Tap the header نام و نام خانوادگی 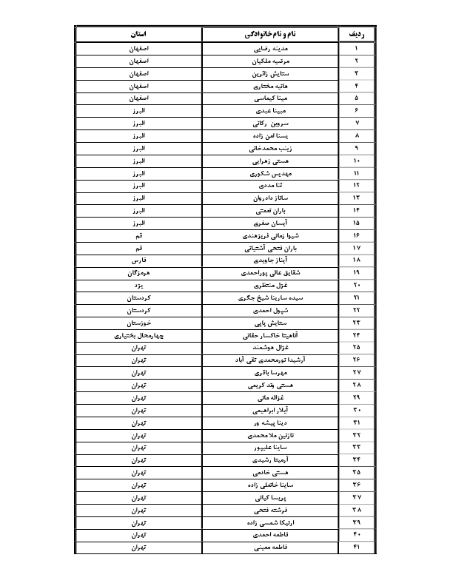pos(269,35)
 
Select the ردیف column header pos(356,35)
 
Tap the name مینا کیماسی pos(269,97)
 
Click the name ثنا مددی pos(269,185)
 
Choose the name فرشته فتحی pos(269,511)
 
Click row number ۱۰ pos(356,160)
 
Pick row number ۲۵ pos(356,348)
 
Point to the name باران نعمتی pos(269,210)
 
